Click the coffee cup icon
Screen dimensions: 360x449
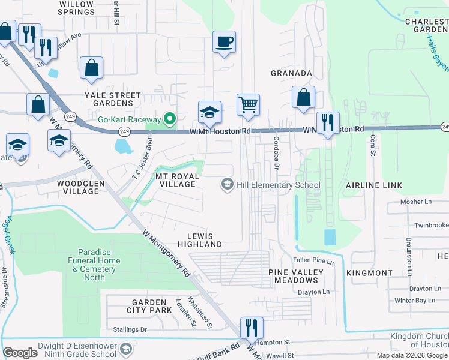coord(224,42)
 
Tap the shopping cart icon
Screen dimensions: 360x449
coord(247,104)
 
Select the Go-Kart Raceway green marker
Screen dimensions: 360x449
coord(169,119)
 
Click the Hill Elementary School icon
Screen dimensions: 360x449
coord(228,185)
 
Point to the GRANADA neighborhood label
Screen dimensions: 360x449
coord(292,73)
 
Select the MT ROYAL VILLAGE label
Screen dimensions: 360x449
coord(176,181)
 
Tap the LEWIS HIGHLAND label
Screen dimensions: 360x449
coord(200,240)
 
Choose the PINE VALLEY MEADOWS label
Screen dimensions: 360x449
coord(295,277)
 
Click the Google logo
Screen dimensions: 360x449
coord(20,353)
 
